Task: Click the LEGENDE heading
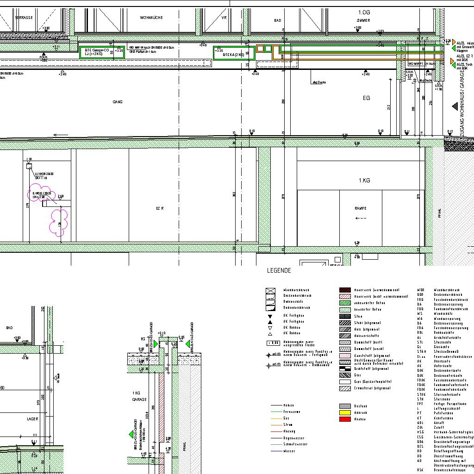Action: click(x=279, y=270)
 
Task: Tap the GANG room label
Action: click(x=118, y=102)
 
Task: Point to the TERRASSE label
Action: click(x=24, y=18)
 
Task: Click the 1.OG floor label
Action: click(x=364, y=12)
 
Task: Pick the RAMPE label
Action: click(x=361, y=209)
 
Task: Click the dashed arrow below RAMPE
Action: click(x=361, y=218)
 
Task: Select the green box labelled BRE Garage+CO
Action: click(x=102, y=52)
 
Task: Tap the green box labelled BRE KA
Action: click(x=234, y=53)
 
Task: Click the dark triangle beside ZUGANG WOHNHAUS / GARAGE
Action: click(x=455, y=106)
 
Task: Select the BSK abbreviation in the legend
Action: click(x=420, y=470)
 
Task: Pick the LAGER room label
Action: click(x=32, y=419)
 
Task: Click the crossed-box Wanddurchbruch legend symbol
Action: click(x=270, y=291)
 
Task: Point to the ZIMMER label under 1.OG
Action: click(x=363, y=21)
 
